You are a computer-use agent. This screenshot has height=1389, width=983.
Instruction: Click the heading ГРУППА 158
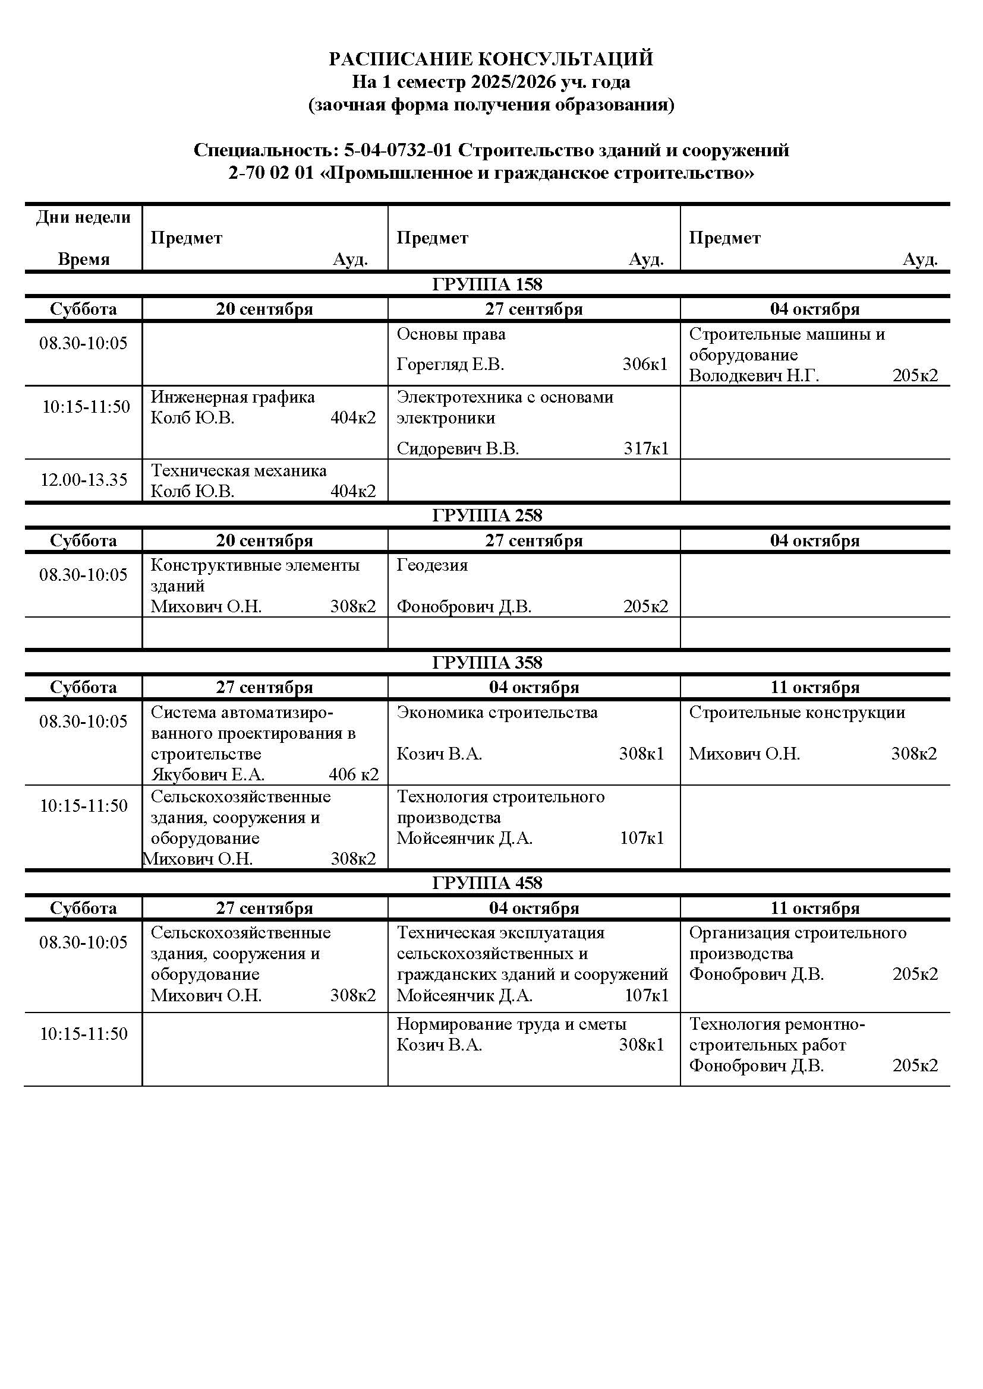(487, 284)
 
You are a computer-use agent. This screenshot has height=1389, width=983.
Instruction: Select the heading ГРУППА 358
(487, 663)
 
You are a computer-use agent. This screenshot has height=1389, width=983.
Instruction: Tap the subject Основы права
(451, 334)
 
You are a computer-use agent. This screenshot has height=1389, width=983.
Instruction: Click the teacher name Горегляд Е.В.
(450, 364)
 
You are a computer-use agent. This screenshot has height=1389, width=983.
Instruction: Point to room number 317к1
(646, 448)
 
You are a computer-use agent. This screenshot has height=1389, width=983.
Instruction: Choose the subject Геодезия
(432, 565)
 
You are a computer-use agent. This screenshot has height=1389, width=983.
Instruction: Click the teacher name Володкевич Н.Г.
(754, 376)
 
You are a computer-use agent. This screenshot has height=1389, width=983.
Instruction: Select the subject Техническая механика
(238, 471)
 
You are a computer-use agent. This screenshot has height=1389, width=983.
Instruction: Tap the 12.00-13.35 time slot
(84, 480)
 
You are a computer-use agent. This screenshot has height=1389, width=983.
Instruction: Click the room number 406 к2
(354, 774)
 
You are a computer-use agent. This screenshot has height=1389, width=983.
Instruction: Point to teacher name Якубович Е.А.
(207, 774)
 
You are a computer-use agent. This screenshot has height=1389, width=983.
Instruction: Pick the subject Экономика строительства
(497, 713)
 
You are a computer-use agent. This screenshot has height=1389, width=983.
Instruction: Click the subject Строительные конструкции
(796, 713)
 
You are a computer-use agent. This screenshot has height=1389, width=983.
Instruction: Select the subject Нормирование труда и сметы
(512, 1024)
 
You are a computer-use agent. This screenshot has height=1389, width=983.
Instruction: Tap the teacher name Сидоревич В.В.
(458, 448)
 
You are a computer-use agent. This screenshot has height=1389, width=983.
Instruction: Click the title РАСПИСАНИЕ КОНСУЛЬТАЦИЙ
(491, 59)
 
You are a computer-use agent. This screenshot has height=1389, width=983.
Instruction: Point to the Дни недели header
(84, 217)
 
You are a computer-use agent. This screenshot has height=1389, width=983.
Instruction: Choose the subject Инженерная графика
(232, 397)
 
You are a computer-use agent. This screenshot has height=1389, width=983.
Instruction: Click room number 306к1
(645, 364)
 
